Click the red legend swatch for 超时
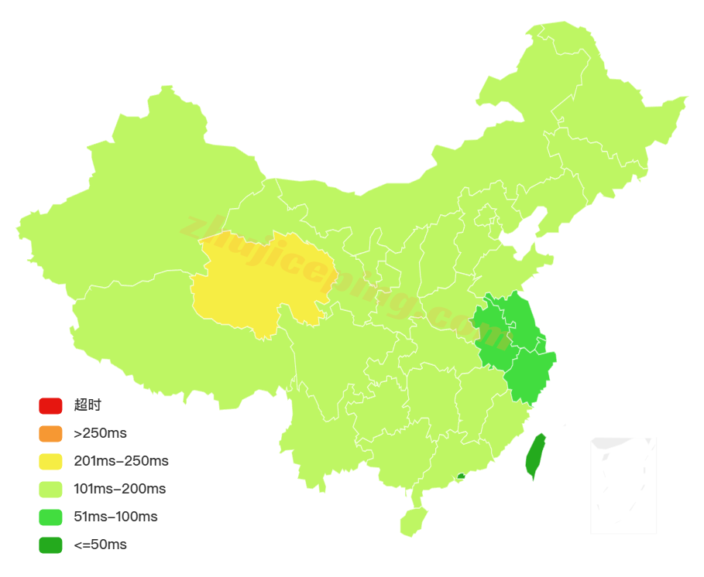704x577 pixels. pyautogui.click(x=50, y=405)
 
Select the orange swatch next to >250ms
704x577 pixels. pyautogui.click(x=50, y=433)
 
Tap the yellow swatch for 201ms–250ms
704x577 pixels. pyautogui.click(x=50, y=462)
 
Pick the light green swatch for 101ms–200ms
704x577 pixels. pyautogui.click(x=50, y=489)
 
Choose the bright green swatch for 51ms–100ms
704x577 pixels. pyautogui.click(x=50, y=517)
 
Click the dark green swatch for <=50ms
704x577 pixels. pyautogui.click(x=50, y=545)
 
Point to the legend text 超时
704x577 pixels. pyautogui.click(x=88, y=405)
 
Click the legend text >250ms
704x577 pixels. pyautogui.click(x=100, y=433)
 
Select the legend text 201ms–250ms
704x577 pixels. pyautogui.click(x=121, y=462)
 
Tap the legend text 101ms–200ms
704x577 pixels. pyautogui.click(x=119, y=489)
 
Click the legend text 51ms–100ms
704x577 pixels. pyautogui.click(x=115, y=517)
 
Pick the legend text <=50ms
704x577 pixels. pyautogui.click(x=100, y=545)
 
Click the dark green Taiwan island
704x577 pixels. pyautogui.click(x=535, y=455)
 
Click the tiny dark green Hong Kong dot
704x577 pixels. pyautogui.click(x=461, y=476)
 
